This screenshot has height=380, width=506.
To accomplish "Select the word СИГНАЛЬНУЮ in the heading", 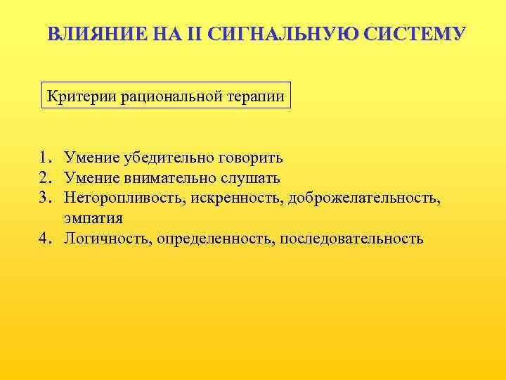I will pos(280,34).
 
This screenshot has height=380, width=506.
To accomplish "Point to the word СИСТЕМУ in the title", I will pos(410,34).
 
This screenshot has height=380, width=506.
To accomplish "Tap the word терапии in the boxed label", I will pos(257,96).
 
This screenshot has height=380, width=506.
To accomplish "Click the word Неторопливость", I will pos(122,198).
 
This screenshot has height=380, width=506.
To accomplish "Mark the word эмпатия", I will pos(93,218).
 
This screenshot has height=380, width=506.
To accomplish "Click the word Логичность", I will pos(108,239).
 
